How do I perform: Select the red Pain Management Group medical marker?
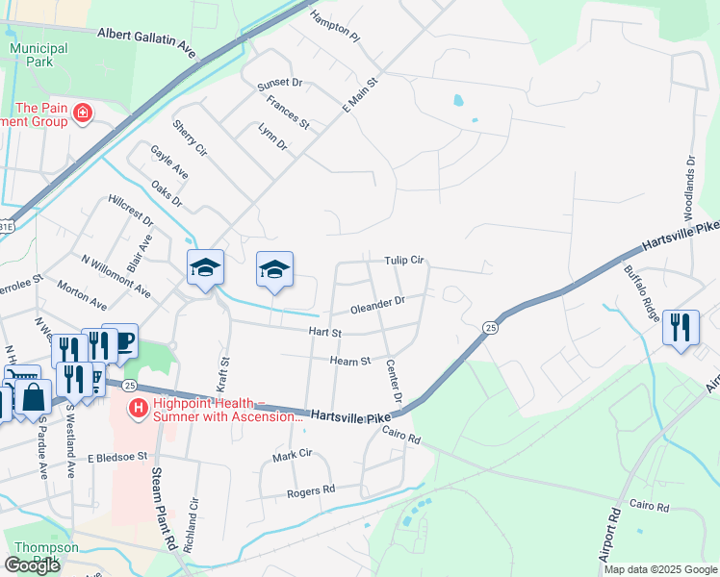83,114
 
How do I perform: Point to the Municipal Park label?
38,56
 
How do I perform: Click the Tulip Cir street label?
404,261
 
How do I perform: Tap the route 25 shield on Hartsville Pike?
490,328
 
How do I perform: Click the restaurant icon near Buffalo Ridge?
681,327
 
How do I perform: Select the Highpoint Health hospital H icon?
139,409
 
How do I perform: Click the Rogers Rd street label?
310,491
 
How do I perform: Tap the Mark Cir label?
293,453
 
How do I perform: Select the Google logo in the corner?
32,565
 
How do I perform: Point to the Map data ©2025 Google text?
660,569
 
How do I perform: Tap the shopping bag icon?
32,396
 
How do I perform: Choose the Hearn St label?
350,361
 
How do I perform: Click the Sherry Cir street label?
190,138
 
